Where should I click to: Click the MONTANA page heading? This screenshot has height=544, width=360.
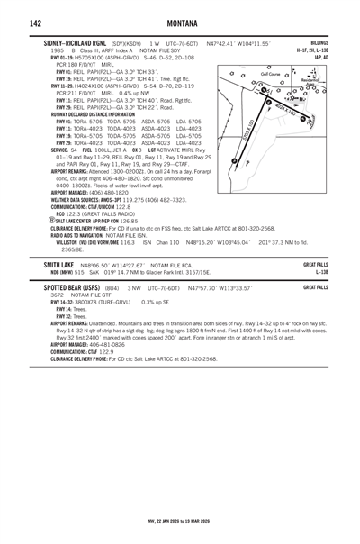182,22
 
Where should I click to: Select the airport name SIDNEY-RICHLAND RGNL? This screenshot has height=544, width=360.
72,42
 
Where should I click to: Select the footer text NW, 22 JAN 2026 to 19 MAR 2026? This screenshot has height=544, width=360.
180,520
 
